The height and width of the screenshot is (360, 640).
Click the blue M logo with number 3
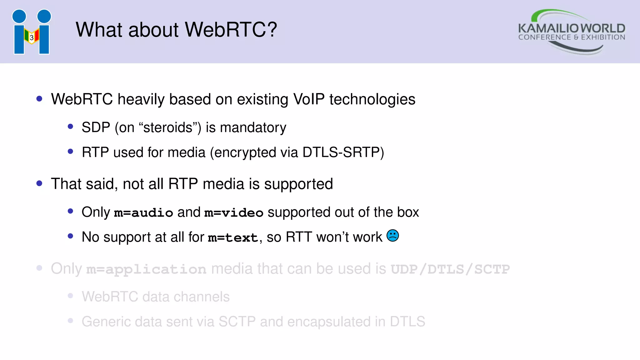point(32,32)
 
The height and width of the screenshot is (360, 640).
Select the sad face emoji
point(392,236)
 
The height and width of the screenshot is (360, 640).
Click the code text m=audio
point(143,213)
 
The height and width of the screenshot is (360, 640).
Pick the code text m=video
point(234,213)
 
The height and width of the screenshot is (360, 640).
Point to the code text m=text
point(233,238)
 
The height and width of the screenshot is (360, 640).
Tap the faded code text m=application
point(146,269)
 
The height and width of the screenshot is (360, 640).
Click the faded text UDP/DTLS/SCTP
point(450,269)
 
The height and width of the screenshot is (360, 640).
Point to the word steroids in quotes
point(168,127)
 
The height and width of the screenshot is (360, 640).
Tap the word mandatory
point(253,127)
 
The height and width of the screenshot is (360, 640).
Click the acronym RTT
point(299,237)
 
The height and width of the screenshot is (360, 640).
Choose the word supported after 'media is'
point(298,184)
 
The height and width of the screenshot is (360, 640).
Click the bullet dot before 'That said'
point(39,183)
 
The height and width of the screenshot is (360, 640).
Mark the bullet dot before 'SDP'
point(70,127)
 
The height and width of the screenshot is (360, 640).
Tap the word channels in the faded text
point(202,297)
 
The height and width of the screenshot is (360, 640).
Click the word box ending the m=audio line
point(408,212)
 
